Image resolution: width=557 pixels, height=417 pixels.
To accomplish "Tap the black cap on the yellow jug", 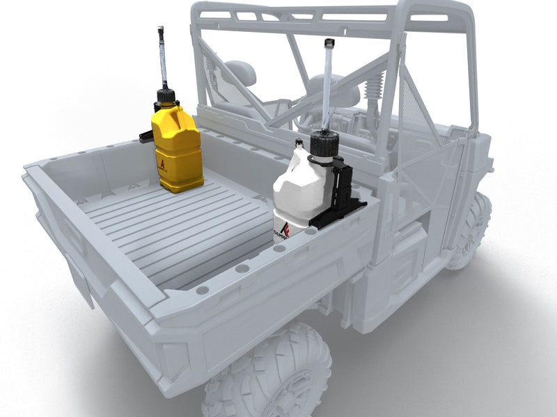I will (165, 95).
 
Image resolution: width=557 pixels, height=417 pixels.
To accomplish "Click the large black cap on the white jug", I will (324, 145).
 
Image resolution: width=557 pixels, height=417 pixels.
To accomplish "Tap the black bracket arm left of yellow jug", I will (146, 136).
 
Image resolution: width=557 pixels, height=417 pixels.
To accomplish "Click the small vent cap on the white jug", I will (299, 143).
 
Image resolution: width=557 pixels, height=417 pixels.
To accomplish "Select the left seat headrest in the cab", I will (241, 72).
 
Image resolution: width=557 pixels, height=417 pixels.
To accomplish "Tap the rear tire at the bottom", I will (272, 375).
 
